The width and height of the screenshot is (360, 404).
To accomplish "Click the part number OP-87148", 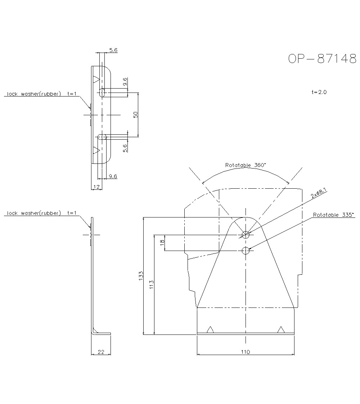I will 322,59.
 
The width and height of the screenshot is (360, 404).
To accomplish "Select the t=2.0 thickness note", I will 319,92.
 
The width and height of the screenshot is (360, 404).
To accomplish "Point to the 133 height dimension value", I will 141,275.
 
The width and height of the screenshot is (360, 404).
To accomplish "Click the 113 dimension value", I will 152,284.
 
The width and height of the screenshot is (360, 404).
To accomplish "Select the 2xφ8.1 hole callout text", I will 319,194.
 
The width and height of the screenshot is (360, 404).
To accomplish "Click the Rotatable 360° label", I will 246,165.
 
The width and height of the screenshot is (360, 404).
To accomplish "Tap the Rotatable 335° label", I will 333,215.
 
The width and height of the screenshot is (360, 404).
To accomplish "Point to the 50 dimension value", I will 136,115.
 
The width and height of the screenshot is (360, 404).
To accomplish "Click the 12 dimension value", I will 96,187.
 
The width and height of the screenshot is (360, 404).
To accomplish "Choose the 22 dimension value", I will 101,352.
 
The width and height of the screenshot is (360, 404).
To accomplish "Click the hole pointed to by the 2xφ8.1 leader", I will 246,235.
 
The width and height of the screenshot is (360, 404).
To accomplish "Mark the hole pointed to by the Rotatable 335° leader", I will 246,251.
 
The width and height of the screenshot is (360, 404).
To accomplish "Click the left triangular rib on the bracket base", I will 210,329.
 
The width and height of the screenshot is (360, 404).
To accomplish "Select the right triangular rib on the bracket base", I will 281,329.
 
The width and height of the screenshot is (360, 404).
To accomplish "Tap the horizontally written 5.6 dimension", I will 113,50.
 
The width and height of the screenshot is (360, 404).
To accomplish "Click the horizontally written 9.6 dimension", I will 113,176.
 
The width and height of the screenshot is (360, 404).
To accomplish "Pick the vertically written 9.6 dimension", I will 125,82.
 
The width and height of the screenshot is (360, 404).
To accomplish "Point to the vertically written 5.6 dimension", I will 125,148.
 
